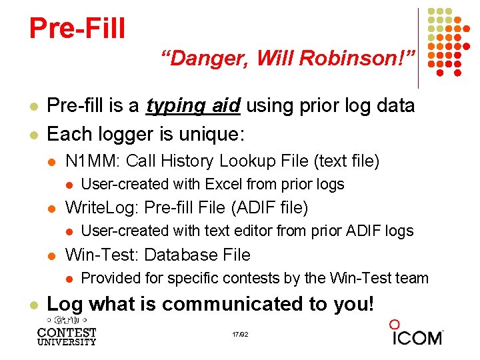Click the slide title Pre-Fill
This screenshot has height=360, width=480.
77,28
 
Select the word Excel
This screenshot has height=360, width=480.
224,184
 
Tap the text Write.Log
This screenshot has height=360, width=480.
102,207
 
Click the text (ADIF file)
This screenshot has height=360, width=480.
269,207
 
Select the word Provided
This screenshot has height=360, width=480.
109,278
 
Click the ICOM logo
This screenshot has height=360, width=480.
416,333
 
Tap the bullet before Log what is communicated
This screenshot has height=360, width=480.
33,305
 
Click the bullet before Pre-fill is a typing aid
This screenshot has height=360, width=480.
33,107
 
